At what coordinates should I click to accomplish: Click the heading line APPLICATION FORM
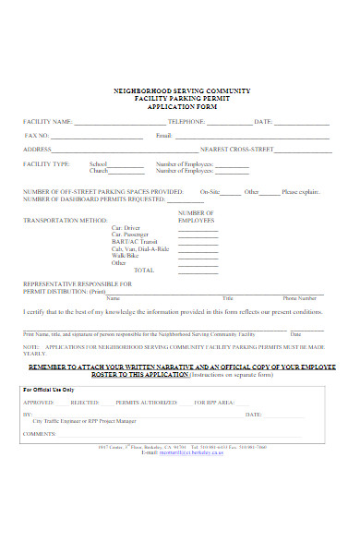coord(180,106)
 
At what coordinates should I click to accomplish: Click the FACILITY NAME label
coord(47,122)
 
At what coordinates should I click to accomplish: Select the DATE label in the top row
coord(263,122)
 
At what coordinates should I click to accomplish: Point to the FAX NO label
coord(36,136)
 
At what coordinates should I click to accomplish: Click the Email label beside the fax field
coord(164,136)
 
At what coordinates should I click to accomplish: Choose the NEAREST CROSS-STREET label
coord(234,150)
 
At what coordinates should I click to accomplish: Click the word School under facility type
coord(124,164)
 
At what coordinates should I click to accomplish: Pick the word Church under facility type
coord(124,171)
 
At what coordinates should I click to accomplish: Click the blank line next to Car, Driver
coord(198,228)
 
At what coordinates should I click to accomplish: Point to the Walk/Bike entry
coord(125,255)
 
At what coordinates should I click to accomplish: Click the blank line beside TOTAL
coord(198,270)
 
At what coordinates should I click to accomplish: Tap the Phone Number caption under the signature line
coord(300,298)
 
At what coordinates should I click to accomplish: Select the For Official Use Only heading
coord(48,391)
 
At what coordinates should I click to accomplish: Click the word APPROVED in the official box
coord(39,403)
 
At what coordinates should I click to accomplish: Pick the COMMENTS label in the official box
coord(40,433)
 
